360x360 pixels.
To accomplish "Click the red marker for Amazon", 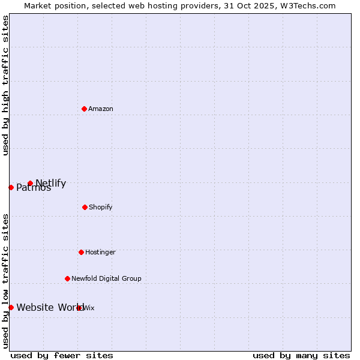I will tap(84, 109).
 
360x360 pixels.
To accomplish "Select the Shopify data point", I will tap(85, 207).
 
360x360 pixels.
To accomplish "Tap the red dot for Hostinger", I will tap(81, 252).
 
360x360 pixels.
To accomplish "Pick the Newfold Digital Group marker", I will tap(67, 278).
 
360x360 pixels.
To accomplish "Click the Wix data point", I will tap(79, 308).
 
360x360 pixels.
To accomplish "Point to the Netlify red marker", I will tap(30, 183).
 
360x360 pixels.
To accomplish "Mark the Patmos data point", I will tap(11, 187).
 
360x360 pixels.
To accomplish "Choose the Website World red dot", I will tap(11, 307).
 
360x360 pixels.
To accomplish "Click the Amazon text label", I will tap(101, 109).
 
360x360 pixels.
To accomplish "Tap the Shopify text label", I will tap(101, 207).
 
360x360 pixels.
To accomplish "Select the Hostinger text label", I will tap(100, 252).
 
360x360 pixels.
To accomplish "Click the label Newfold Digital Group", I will tap(106, 278).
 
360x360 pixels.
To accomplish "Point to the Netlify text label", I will tap(51, 183).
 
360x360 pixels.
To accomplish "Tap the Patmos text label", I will tap(34, 188).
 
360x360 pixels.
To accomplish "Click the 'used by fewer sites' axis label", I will tap(62, 355).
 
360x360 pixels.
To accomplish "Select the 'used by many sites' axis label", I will tap(301, 355).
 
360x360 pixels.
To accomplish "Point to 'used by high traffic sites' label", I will tap(5, 85).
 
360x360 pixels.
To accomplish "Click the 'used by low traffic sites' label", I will tap(5, 281).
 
